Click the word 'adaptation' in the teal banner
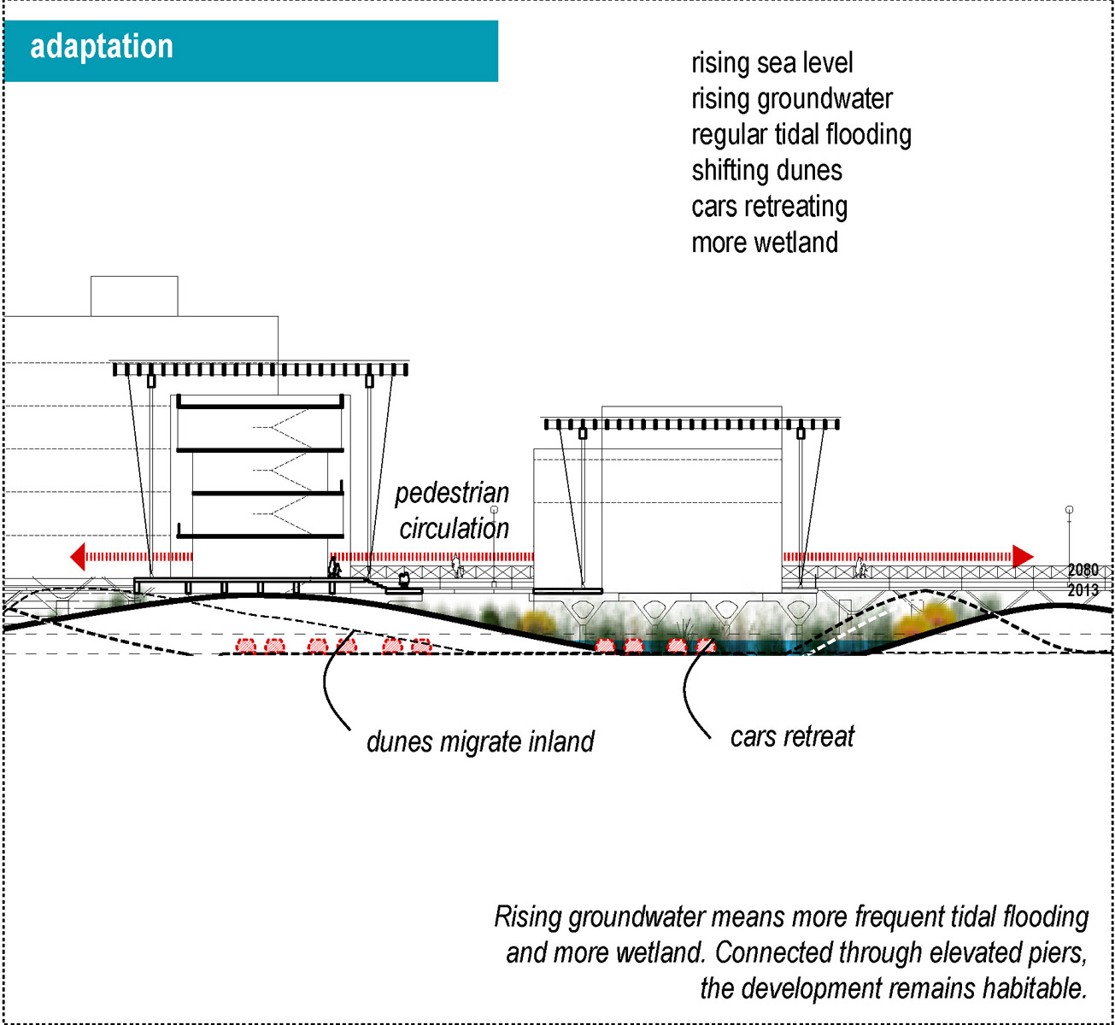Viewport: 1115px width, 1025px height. [x=102, y=46]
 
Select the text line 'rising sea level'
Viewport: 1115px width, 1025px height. [x=772, y=63]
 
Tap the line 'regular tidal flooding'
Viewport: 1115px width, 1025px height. [x=801, y=135]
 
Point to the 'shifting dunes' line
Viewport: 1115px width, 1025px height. [x=766, y=170]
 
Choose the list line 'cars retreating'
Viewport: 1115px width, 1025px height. [x=769, y=207]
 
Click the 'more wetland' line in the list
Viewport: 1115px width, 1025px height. [x=765, y=243]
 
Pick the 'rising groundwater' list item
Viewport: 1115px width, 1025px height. [x=791, y=99]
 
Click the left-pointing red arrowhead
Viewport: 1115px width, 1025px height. [x=78, y=556]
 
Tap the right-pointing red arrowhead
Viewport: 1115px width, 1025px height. [x=1023, y=556]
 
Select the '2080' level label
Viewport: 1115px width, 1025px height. [x=1083, y=570]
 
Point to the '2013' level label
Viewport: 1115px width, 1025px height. [x=1083, y=589]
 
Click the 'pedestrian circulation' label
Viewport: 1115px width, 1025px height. [x=453, y=511]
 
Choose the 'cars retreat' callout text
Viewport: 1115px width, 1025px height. [x=792, y=737]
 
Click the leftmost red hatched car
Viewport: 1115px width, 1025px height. [x=246, y=646]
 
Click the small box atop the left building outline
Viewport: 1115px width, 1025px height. [x=134, y=296]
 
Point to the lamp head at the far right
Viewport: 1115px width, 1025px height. [x=1069, y=510]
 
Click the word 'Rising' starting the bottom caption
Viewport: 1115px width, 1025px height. [x=528, y=917]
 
